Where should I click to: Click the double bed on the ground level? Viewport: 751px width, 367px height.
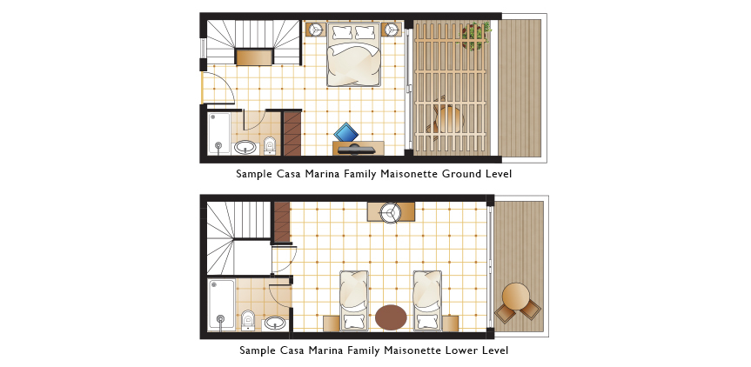tap(354, 54)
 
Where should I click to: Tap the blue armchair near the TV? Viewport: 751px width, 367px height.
tap(346, 132)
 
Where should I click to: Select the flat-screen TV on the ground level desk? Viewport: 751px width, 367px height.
tap(357, 150)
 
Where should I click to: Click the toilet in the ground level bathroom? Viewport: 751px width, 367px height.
tap(270, 145)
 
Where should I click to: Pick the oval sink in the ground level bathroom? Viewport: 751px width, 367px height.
tap(245, 147)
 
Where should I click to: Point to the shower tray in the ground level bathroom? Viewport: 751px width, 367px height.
tap(219, 133)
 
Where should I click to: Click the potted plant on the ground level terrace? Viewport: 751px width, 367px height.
tap(476, 35)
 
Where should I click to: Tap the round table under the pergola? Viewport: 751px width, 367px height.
tap(450, 120)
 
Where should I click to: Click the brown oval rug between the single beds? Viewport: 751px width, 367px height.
tap(391, 317)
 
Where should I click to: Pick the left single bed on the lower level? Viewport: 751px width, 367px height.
tap(354, 301)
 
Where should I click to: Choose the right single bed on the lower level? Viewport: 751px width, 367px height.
tap(427, 301)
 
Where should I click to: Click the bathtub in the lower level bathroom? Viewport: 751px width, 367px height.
tap(222, 304)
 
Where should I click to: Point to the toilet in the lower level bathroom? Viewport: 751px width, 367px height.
tap(248, 320)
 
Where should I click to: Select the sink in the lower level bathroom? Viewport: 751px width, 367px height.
tap(275, 323)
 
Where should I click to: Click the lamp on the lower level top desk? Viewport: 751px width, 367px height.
tap(391, 212)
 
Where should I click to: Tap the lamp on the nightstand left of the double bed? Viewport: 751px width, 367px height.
tap(316, 30)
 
